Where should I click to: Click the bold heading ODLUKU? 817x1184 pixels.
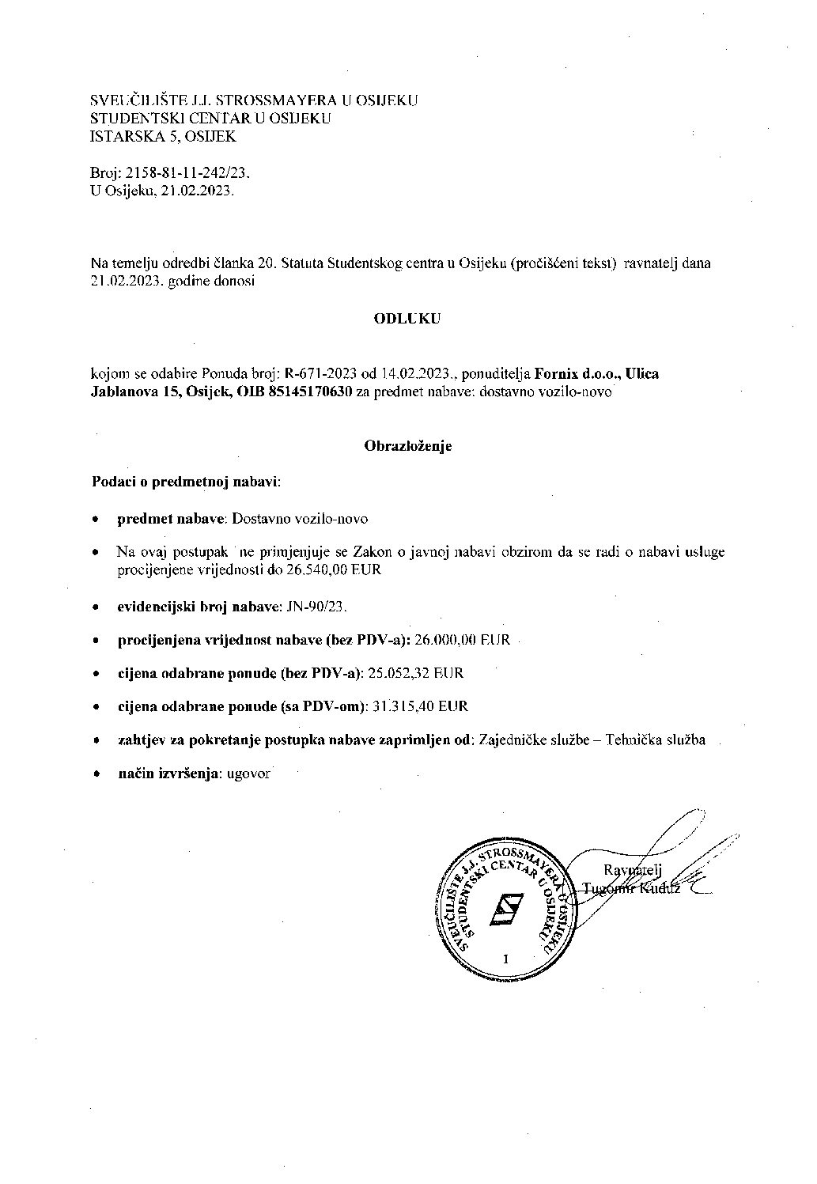tap(407, 319)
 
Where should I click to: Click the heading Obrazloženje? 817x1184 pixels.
tap(407, 446)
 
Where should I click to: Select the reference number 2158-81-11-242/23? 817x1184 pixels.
tap(183, 172)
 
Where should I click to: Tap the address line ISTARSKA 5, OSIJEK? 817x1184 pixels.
tap(163, 136)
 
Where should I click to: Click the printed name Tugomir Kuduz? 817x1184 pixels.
tap(631, 888)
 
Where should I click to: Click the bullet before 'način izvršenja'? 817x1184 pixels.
tap(96, 775)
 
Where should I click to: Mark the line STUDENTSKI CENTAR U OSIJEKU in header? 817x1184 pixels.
tap(210, 119)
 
